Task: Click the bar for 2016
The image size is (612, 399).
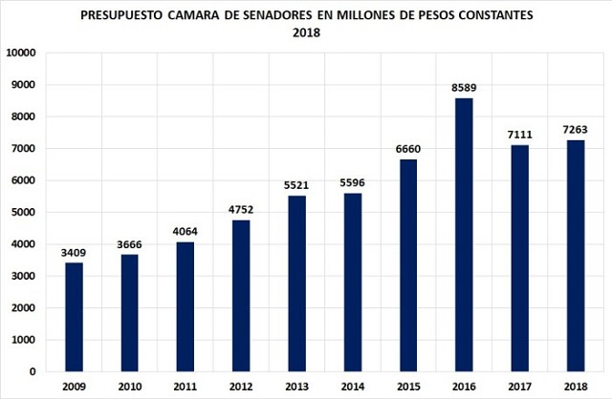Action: click(464, 235)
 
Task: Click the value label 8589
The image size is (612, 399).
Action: click(463, 88)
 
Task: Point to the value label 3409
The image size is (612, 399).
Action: click(73, 253)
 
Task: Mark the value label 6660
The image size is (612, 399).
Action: click(407, 150)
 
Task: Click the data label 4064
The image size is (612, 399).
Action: click(185, 232)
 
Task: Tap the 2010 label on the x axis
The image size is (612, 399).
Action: click(129, 386)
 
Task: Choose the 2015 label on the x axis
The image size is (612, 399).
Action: click(407, 386)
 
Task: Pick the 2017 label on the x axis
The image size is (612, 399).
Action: click(519, 386)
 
